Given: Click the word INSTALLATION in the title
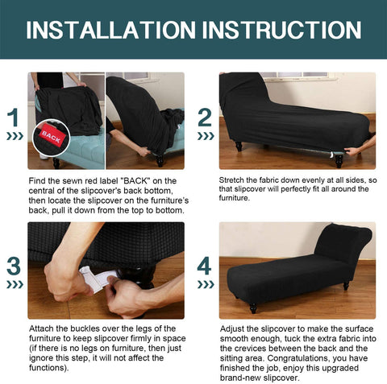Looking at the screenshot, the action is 110,30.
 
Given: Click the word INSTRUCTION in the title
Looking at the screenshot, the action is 281,30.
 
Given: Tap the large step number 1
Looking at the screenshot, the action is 13,118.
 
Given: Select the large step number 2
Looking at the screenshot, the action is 205,118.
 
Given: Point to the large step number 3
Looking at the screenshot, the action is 14,266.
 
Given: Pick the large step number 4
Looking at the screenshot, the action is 205,266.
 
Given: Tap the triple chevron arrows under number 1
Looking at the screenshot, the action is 15,136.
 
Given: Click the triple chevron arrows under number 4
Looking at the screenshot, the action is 206,284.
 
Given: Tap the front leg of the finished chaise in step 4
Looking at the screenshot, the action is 253,308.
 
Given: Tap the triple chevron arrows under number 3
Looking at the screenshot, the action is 15,284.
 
